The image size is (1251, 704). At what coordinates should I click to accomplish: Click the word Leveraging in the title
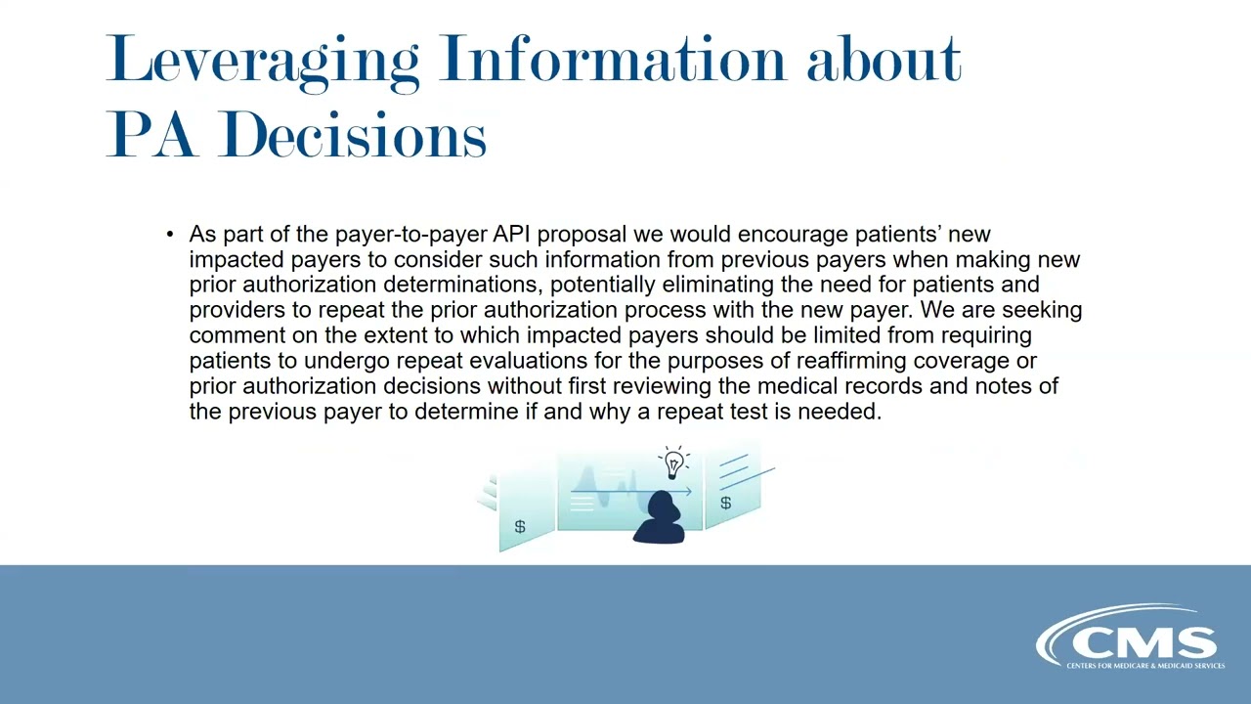(263, 61)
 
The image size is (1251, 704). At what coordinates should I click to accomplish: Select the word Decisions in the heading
(353, 135)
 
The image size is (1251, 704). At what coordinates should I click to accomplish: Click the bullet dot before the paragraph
(170, 235)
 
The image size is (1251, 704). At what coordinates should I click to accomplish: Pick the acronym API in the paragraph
(512, 235)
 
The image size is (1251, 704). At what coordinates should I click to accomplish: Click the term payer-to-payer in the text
(410, 235)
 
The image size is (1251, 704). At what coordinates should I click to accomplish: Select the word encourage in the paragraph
(793, 235)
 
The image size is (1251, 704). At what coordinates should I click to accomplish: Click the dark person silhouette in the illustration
(660, 518)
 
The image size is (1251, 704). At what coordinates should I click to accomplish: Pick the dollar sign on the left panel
(520, 527)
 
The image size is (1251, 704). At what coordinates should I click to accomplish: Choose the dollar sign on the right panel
(725, 503)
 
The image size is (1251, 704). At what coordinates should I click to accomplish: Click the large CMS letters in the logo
(1143, 642)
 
